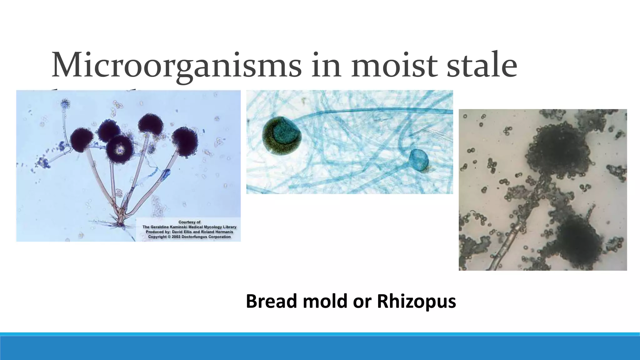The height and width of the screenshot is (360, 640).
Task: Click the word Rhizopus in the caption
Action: coord(416,301)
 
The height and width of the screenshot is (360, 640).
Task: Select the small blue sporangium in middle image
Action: coord(419,160)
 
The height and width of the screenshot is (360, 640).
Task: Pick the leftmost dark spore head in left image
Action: coord(82,140)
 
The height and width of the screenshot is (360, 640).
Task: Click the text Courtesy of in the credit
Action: coord(189,222)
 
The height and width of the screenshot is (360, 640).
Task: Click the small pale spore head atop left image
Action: coord(65,103)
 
